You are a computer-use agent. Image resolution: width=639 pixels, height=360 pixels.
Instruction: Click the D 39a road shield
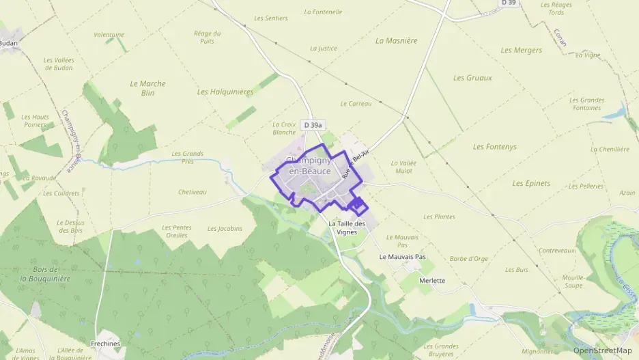312,125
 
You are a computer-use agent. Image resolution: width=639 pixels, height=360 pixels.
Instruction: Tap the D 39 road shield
507,3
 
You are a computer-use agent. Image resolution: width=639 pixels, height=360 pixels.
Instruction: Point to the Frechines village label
105,344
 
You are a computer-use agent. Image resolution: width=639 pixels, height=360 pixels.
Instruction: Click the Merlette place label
432,281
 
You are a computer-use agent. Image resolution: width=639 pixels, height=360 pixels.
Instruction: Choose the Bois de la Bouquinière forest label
45,273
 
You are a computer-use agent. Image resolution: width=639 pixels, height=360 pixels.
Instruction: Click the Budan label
8,42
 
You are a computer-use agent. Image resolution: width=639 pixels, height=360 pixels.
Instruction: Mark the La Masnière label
396,40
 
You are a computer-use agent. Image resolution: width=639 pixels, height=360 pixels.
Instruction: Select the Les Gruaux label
472,78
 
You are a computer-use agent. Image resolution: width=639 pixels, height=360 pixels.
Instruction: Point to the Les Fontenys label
495,147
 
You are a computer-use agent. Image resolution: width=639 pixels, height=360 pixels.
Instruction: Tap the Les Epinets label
530,184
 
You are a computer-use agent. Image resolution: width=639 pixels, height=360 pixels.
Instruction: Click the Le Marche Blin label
147,88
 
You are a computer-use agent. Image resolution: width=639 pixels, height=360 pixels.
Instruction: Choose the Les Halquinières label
225,92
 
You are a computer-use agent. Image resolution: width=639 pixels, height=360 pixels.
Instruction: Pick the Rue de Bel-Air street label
358,164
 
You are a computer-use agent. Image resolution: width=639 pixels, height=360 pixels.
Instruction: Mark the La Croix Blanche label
284,128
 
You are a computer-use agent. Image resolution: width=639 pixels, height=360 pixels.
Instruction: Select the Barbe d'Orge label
469,259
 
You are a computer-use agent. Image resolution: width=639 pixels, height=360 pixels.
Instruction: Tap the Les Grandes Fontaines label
586,104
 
